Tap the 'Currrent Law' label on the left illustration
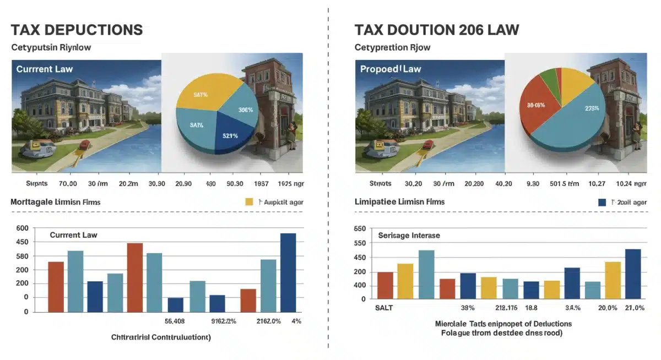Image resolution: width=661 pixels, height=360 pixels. (x=45, y=69)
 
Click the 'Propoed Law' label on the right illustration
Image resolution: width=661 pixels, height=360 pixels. (x=387, y=69)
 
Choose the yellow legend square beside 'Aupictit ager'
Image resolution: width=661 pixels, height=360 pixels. (x=249, y=202)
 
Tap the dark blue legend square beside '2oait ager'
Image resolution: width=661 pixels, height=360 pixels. (x=602, y=202)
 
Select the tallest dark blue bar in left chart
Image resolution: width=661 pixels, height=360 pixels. (x=288, y=272)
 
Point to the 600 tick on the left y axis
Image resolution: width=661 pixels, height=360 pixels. (x=22, y=228)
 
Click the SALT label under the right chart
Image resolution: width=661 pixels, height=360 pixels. (x=384, y=308)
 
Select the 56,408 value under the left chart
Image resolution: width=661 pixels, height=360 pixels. (x=175, y=321)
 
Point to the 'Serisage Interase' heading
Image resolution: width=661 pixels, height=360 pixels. (x=409, y=236)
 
